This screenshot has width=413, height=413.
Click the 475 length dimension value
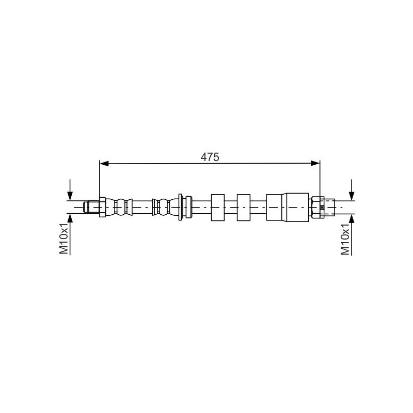[x=210, y=157]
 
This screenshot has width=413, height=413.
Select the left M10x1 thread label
[x=64, y=239]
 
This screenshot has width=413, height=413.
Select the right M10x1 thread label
[x=345, y=239]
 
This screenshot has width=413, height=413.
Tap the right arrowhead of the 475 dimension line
[x=315, y=164]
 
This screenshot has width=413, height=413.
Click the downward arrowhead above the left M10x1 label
[x=70, y=196]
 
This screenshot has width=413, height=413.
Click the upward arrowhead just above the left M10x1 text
[x=70, y=218]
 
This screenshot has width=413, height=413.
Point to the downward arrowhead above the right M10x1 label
[x=352, y=196]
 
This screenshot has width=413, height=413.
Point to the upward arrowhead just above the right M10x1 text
[x=352, y=218]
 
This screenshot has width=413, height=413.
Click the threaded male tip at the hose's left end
[x=91, y=207]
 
